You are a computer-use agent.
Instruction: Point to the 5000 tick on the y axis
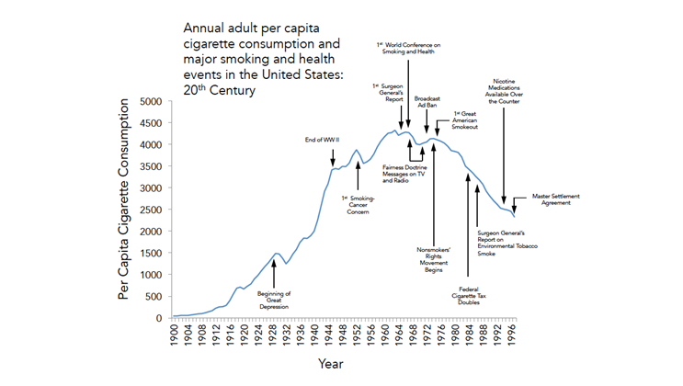click(150, 101)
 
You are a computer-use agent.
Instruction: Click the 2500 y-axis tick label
click(150, 210)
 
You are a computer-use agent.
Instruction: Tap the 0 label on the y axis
click(159, 318)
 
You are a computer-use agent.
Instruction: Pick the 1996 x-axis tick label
click(514, 336)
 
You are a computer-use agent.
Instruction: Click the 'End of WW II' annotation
click(323, 140)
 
